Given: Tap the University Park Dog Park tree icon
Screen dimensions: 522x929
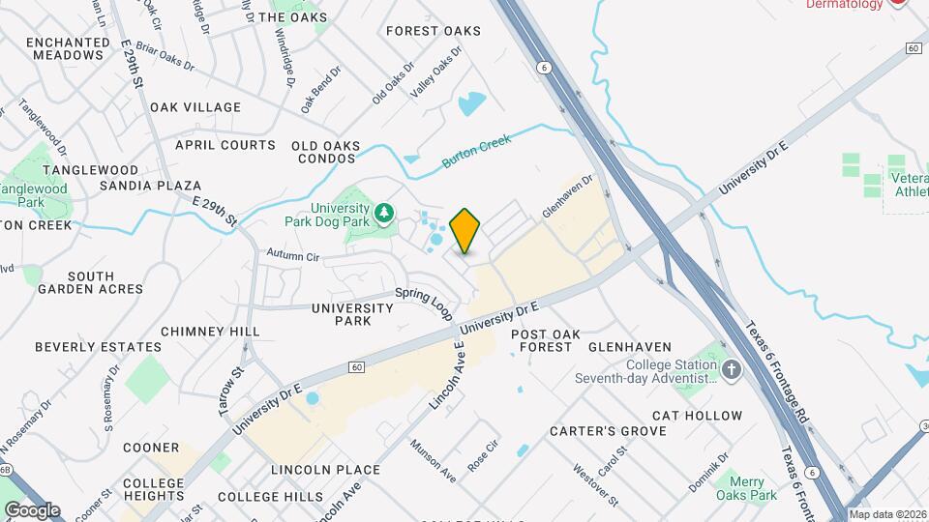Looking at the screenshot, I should pos(384,211).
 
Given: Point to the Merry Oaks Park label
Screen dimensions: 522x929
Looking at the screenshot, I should pos(747,488).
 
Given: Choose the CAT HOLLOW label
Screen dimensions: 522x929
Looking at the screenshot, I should pos(697,416).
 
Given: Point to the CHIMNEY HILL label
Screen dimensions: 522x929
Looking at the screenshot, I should pos(210,332).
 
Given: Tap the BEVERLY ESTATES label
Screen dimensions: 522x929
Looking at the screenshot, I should pos(98,347).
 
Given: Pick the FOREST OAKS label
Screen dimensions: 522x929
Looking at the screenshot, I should pos(433,31).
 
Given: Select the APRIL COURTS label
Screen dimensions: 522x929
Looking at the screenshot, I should pos(225,145).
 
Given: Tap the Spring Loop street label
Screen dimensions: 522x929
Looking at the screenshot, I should pos(424,303).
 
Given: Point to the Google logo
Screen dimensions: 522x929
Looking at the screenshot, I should pos(32,509).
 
